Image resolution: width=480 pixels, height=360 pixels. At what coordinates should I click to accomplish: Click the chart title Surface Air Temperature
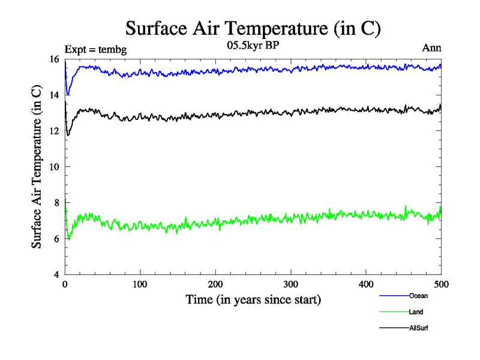pyautogui.click(x=253, y=28)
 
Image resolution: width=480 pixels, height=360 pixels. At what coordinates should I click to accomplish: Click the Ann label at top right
pyautogui.click(x=432, y=49)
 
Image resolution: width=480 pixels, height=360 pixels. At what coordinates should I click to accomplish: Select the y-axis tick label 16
pyautogui.click(x=53, y=59)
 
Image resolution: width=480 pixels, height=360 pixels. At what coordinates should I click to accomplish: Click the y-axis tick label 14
pyautogui.click(x=53, y=95)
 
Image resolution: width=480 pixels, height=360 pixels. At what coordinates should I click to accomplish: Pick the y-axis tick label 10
pyautogui.click(x=53, y=167)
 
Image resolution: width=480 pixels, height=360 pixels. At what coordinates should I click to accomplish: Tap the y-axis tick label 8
pyautogui.click(x=56, y=203)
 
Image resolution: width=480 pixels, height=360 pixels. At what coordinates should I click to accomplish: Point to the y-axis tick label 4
pyautogui.click(x=56, y=275)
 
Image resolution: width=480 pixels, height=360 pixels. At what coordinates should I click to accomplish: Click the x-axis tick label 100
pyautogui.click(x=140, y=284)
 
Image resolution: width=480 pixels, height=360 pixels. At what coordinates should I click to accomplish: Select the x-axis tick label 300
pyautogui.click(x=290, y=284)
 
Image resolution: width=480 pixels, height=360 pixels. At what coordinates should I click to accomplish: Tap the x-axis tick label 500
pyautogui.click(x=441, y=284)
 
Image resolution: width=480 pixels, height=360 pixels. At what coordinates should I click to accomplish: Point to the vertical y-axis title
pyautogui.click(x=37, y=167)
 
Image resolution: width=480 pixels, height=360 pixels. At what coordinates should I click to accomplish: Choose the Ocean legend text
pyautogui.click(x=418, y=296)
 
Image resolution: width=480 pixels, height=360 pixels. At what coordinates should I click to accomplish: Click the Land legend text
pyautogui.click(x=416, y=312)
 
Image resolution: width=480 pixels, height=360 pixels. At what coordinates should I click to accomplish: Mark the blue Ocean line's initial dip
pyautogui.click(x=68, y=94)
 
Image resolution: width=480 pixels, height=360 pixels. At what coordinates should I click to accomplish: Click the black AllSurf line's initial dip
pyautogui.click(x=68, y=134)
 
